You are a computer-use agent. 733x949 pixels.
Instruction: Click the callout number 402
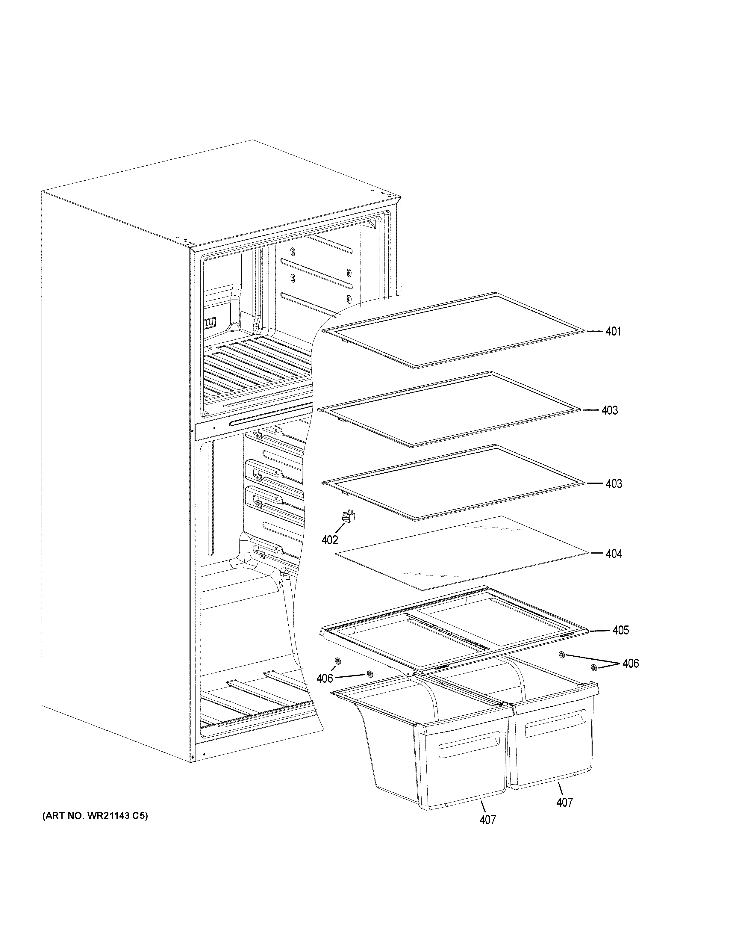330,540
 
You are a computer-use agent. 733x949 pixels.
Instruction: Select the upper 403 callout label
609,410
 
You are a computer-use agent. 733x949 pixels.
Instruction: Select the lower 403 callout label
614,483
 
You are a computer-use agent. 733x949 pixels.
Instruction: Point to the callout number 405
620,630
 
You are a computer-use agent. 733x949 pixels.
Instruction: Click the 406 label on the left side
324,678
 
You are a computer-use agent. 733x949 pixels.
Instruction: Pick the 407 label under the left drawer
488,820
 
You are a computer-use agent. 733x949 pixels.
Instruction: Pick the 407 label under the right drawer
564,803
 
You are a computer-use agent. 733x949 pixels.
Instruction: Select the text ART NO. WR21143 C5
95,829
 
